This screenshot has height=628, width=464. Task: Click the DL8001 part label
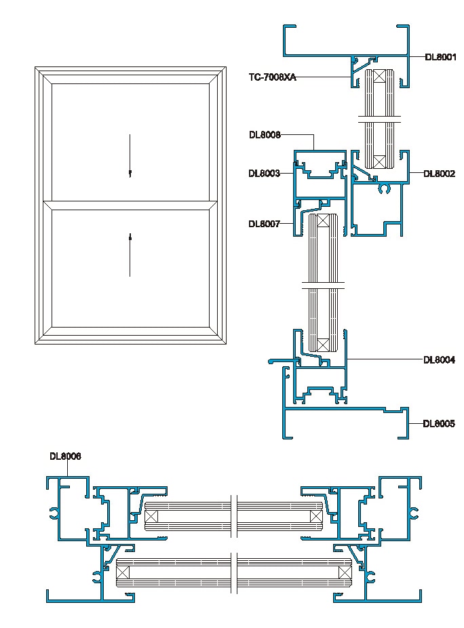[x=440, y=58]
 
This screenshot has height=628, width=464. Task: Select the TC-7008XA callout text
[x=272, y=77]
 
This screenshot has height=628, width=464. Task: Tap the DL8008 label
[x=265, y=135]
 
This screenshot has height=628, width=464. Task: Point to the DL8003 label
[x=265, y=174]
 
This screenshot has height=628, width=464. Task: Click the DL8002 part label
[x=440, y=174]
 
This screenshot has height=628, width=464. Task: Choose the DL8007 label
[x=265, y=224]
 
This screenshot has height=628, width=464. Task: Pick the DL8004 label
[x=440, y=359]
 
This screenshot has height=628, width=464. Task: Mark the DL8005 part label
[x=439, y=424]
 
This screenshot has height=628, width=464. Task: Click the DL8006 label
[x=65, y=456]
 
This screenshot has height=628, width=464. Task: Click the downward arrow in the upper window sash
[x=130, y=156]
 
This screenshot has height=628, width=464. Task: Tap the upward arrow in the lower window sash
[x=130, y=254]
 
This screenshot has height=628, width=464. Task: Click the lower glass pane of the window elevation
[x=130, y=268]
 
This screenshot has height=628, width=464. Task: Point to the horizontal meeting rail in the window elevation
[x=130, y=201]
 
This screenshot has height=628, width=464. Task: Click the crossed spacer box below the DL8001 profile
[x=379, y=75]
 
